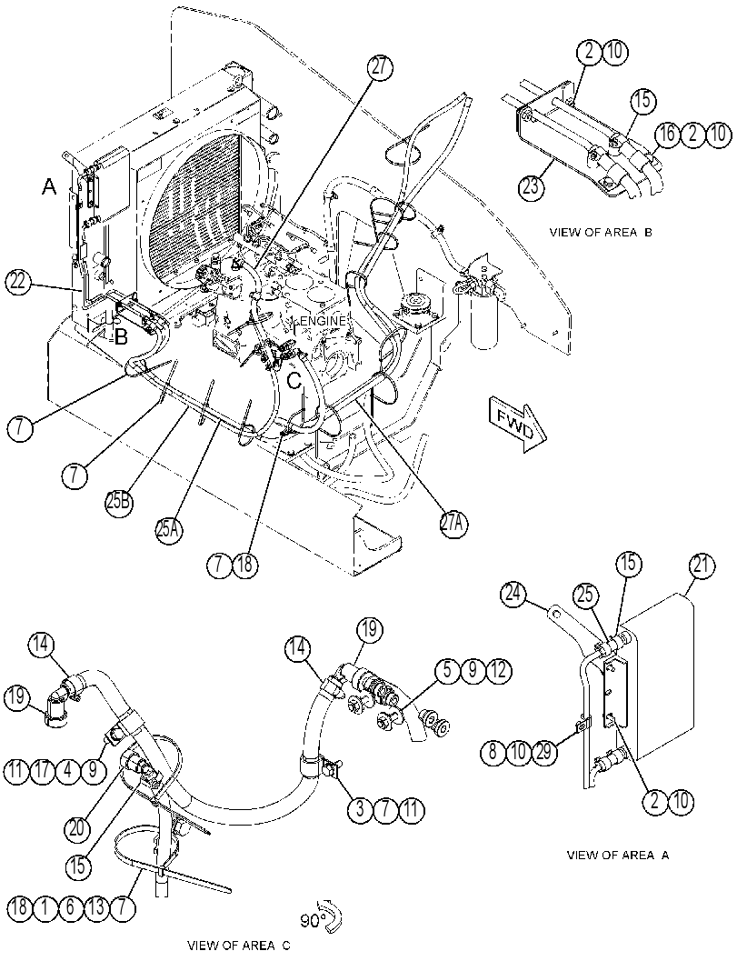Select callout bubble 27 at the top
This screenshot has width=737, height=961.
click(x=380, y=66)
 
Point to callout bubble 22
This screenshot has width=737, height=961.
click(x=18, y=283)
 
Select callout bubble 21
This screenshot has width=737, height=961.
click(x=702, y=566)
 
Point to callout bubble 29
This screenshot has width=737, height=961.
click(x=544, y=750)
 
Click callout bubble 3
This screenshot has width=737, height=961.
click(x=360, y=809)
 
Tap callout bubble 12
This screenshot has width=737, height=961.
click(x=498, y=670)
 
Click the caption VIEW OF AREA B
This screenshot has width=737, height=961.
click(x=601, y=233)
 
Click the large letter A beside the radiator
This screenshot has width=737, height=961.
click(x=49, y=187)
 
